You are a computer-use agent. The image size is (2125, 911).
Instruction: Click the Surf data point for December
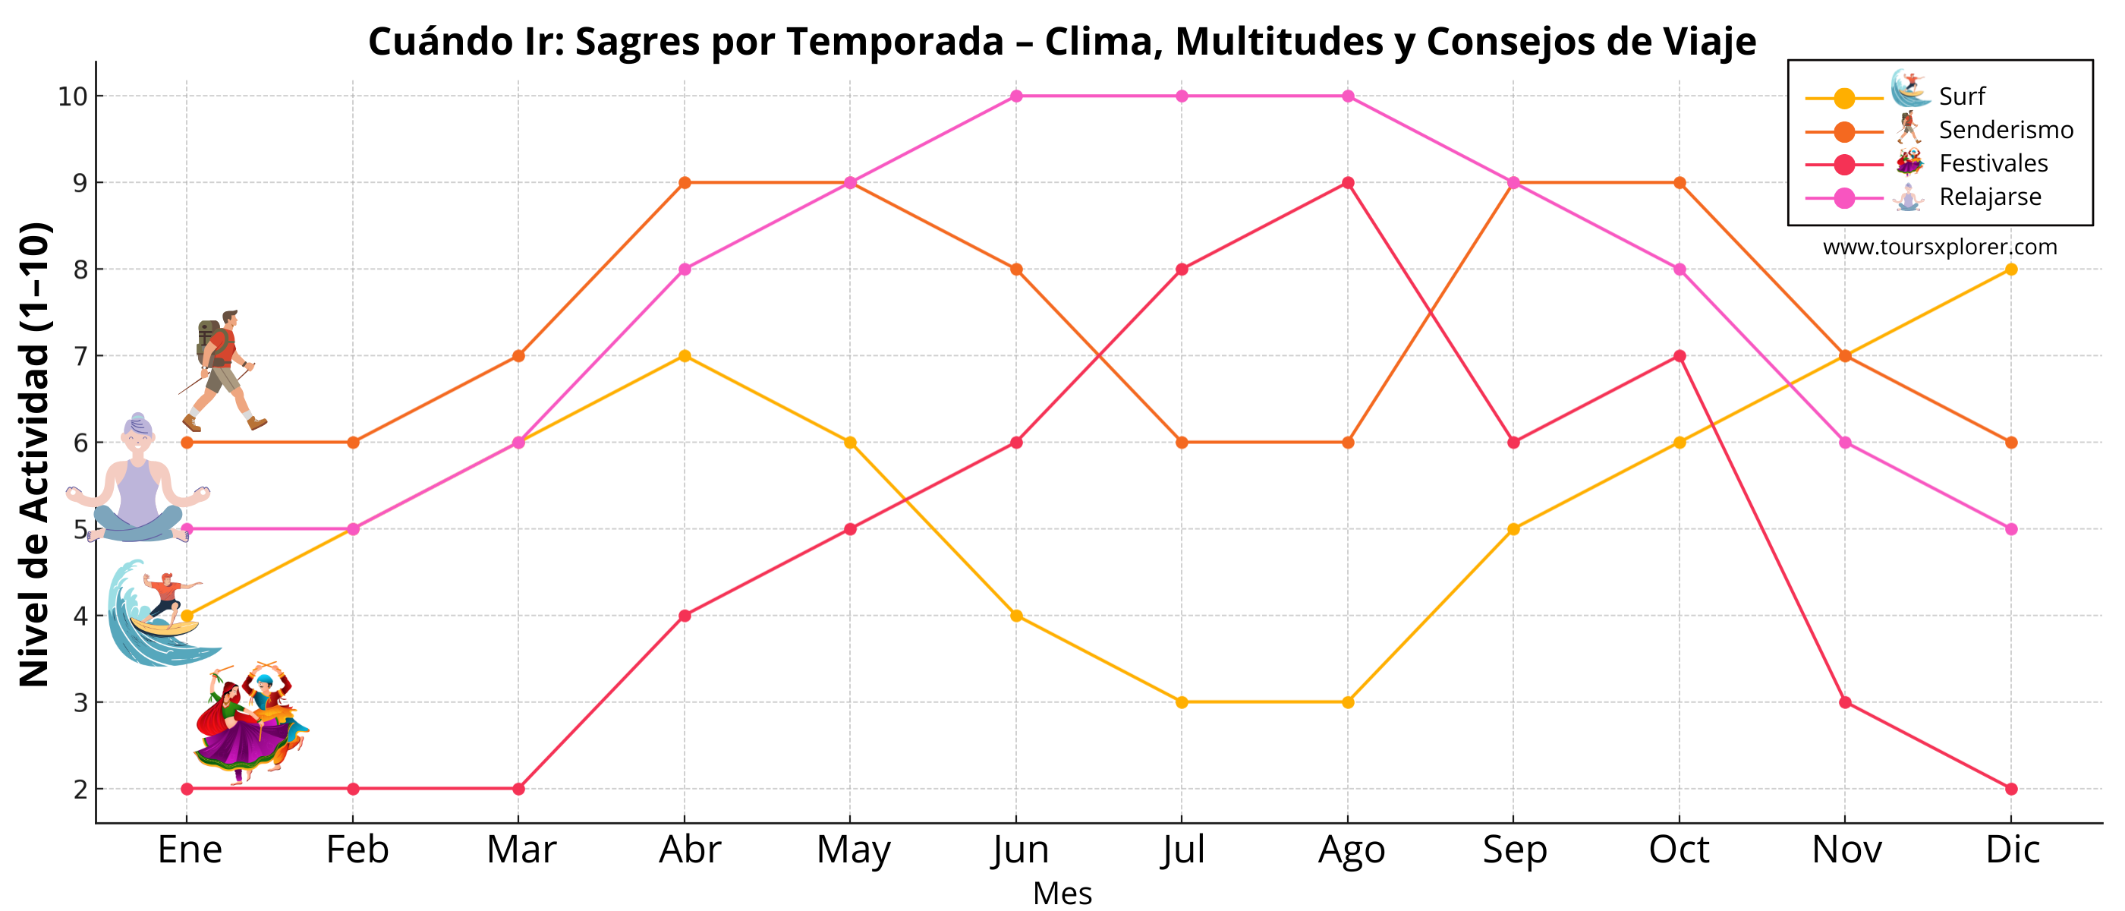coord(2010,269)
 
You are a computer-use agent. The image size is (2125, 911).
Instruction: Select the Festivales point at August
coord(1347,182)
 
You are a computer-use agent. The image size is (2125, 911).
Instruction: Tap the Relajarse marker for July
coord(1182,96)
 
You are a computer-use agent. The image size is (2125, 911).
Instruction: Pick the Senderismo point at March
coord(518,355)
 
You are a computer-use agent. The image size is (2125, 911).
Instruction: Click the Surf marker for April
coord(684,355)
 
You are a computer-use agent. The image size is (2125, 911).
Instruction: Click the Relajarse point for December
coord(2010,529)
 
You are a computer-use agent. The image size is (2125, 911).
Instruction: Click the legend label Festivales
coord(1993,163)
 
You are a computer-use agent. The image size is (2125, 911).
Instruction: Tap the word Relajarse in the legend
coord(1990,197)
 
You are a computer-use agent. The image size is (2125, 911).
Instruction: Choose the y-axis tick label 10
coord(73,96)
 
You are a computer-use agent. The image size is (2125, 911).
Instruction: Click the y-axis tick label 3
coord(80,703)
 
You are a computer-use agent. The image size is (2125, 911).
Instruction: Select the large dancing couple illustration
coord(250,723)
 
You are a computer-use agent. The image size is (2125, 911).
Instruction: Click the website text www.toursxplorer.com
coord(1939,247)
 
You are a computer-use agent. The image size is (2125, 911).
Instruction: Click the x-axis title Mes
coord(1062,894)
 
